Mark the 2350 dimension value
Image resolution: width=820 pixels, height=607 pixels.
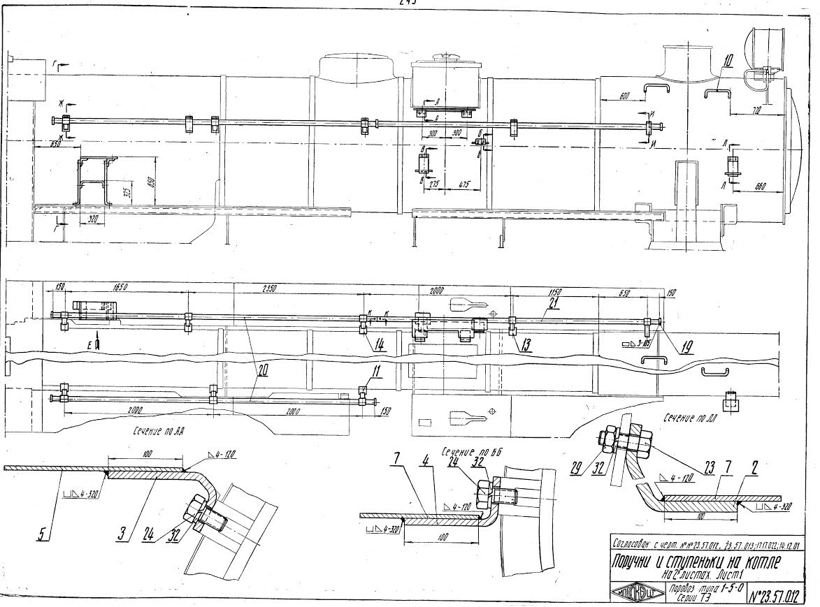pyautogui.click(x=268, y=288)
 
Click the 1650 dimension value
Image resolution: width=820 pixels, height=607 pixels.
pyautogui.click(x=122, y=287)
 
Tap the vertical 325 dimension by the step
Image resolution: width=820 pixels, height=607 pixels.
pyautogui.click(x=124, y=192)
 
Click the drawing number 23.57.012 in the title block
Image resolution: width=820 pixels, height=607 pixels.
pyautogui.click(x=777, y=594)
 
